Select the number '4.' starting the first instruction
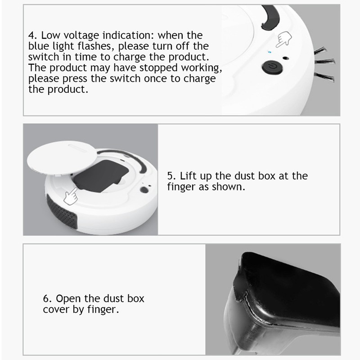pyautogui.click(x=32, y=35)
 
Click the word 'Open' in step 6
pyautogui.click(x=68, y=298)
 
